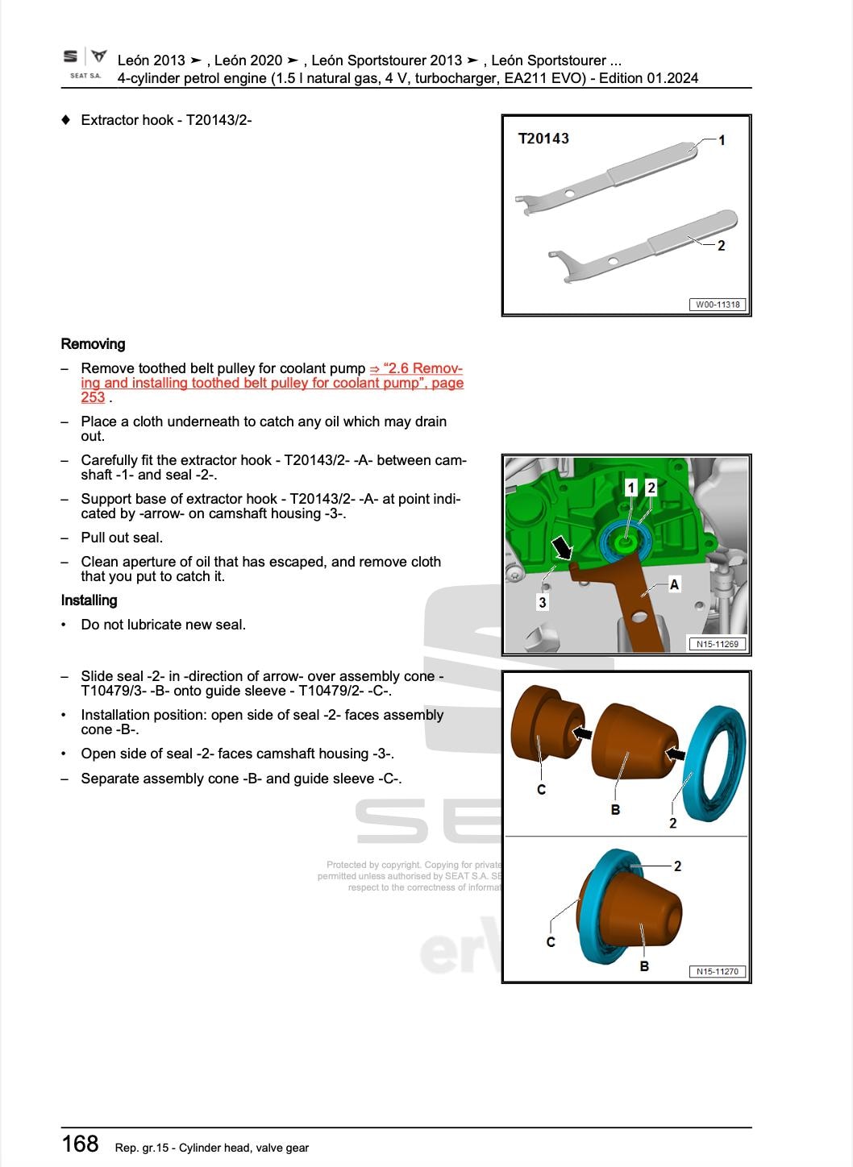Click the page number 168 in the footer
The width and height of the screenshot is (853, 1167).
point(80,1144)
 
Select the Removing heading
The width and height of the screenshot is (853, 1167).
point(93,344)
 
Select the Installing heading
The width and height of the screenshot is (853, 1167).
point(89,600)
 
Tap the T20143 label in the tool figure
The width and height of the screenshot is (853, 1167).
point(543,139)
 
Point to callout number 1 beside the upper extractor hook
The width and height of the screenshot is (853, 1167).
point(722,140)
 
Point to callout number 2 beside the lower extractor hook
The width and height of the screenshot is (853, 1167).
point(721,246)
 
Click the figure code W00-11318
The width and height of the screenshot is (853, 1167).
point(717,305)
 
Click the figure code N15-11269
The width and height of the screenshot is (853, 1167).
point(717,644)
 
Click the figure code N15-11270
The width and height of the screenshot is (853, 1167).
point(717,971)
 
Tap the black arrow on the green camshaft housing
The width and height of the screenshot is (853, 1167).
point(562,548)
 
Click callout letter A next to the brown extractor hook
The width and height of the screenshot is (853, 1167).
point(674,584)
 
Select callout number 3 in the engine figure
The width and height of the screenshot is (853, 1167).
point(543,602)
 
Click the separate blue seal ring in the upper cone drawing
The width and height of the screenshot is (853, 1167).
point(714,762)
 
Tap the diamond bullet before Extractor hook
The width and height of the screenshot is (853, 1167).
point(66,120)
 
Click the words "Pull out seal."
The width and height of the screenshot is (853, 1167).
point(122,538)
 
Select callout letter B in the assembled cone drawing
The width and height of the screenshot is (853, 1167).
point(644,966)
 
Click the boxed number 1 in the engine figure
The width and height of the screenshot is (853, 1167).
point(631,488)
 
